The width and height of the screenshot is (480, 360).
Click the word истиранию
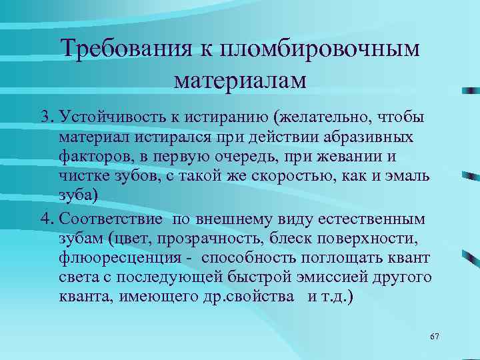tap(219, 118)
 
